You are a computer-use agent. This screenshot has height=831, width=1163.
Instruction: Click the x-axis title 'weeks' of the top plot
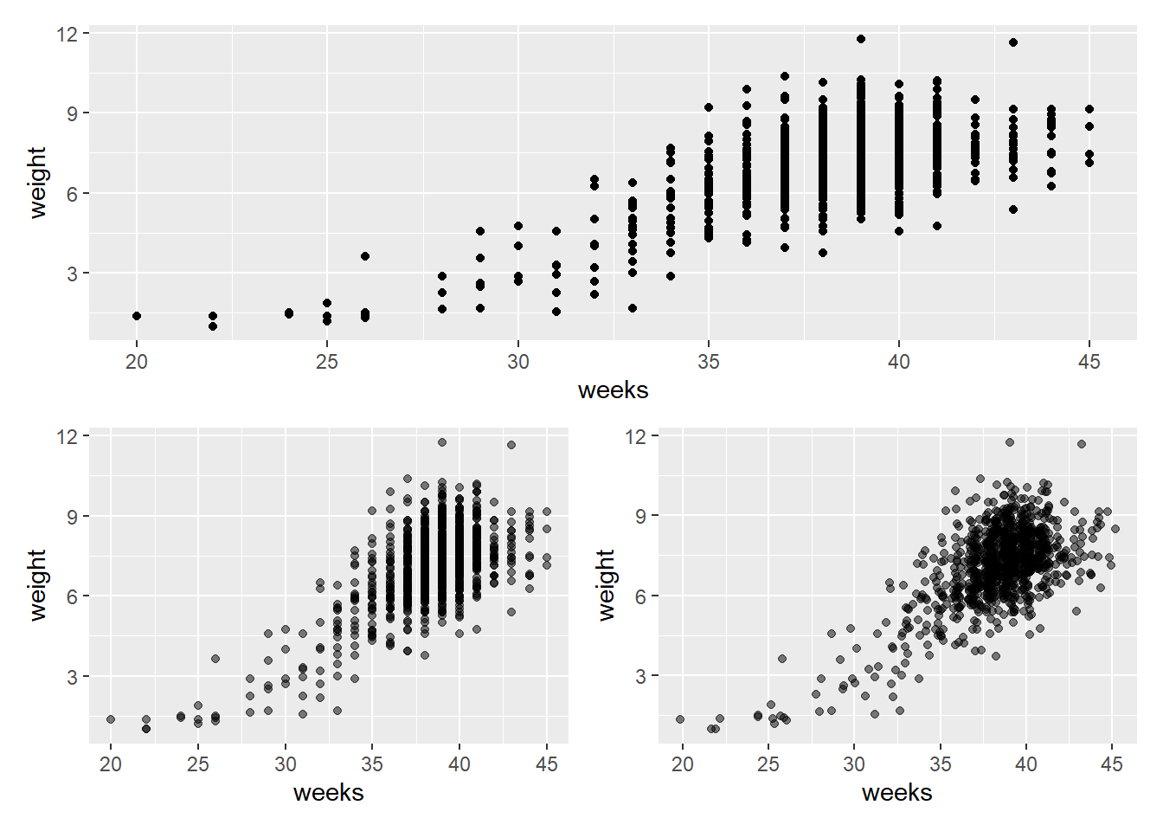coord(613,390)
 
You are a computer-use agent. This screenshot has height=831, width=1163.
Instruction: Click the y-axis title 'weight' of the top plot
coord(37,182)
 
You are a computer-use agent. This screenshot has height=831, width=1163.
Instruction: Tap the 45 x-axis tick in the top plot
coord(1089,362)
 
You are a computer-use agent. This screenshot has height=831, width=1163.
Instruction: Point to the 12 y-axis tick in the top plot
coord(67,34)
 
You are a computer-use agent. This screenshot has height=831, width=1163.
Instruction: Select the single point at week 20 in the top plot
coord(137,316)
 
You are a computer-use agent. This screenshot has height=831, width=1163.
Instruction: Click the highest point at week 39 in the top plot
coord(860,39)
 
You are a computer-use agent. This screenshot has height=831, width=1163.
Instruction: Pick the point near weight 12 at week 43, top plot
coord(1013,42)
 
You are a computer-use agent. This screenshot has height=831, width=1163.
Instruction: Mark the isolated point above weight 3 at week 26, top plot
coord(365,256)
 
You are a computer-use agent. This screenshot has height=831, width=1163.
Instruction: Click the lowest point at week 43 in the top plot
coord(1013,209)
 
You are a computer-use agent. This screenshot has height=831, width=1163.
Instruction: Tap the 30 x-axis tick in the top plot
coord(517,362)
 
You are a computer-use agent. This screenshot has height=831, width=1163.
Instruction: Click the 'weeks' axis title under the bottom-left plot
coord(328,793)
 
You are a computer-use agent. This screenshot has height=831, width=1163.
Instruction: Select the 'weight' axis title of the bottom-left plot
coord(37,584)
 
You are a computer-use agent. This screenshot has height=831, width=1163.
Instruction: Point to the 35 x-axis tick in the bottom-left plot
coord(372,764)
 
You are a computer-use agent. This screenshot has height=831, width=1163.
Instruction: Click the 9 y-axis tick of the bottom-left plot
coord(72,517)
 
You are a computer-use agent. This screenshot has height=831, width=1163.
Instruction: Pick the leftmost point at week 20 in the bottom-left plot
coord(111,719)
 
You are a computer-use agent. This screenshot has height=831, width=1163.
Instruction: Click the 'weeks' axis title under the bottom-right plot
coord(896,793)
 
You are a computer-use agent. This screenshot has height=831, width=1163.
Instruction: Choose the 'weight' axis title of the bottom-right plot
coord(607,584)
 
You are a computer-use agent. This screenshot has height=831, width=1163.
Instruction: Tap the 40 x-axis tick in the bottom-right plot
coord(1025,764)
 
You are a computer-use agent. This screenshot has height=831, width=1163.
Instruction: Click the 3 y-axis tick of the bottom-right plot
coord(640,676)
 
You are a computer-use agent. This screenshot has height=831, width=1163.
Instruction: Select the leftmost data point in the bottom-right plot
coord(680,719)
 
